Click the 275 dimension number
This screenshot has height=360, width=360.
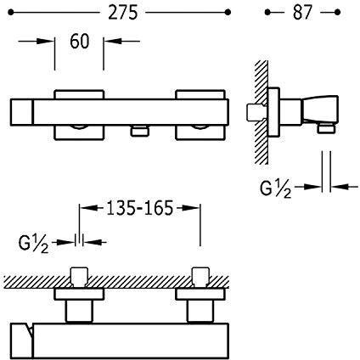122,13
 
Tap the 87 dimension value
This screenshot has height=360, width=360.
302,13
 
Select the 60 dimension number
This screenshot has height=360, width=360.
80,41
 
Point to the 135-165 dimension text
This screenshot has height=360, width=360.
139,208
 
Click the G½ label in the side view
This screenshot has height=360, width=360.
275,188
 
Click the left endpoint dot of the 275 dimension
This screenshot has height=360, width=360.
11,13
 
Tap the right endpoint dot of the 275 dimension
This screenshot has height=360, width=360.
228,13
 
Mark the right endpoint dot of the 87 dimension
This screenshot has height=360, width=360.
337,12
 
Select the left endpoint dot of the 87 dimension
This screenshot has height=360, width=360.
267,12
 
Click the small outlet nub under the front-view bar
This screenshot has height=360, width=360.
139,131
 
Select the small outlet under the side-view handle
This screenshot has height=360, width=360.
326,129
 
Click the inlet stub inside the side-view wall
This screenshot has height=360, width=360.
255,113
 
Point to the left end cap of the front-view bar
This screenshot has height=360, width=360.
22,112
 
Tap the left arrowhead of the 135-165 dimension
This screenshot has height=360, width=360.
88,208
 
